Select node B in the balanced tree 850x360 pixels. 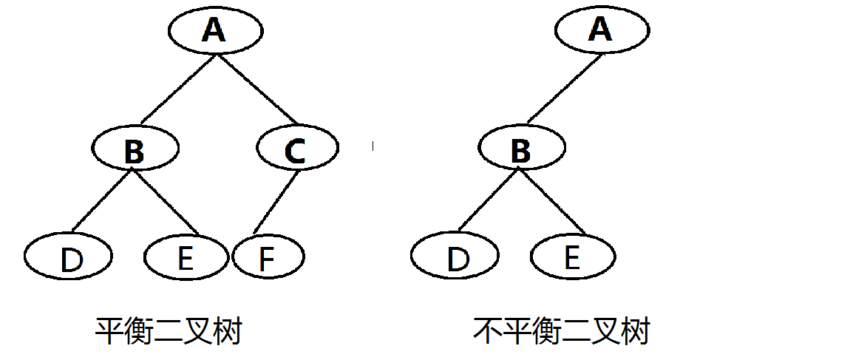tap(135, 147)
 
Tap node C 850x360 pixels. tap(298, 147)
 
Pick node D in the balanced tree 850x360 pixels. tap(68, 255)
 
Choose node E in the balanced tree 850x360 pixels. tap(186, 256)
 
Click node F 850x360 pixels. tap(268, 256)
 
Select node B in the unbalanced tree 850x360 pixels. tap(522, 147)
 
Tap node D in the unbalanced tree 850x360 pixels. tap(455, 255)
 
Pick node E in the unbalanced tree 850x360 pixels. tap(573, 256)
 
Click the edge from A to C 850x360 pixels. tap(258, 88)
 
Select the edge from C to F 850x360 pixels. tap(276, 201)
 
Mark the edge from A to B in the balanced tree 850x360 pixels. tap(178, 88)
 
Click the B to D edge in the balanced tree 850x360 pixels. tap(102, 200)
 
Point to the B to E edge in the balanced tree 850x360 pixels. tap(166, 201)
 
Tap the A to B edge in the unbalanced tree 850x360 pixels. tap(564, 88)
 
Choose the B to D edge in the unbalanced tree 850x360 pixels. tap(488, 200)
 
